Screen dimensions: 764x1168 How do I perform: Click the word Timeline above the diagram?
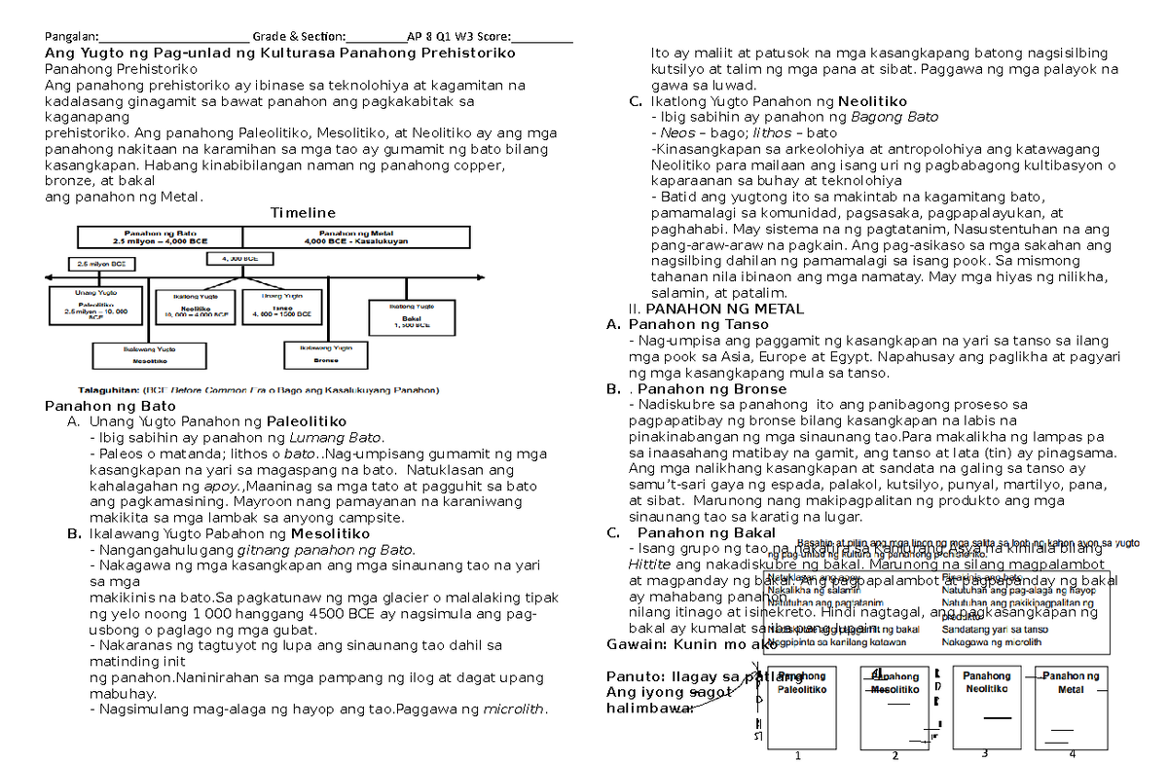(x=303, y=212)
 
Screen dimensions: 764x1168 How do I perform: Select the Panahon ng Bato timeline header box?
(x=160, y=237)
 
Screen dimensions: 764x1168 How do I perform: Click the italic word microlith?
(x=512, y=709)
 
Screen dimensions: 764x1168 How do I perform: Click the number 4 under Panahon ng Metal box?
(x=1071, y=754)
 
